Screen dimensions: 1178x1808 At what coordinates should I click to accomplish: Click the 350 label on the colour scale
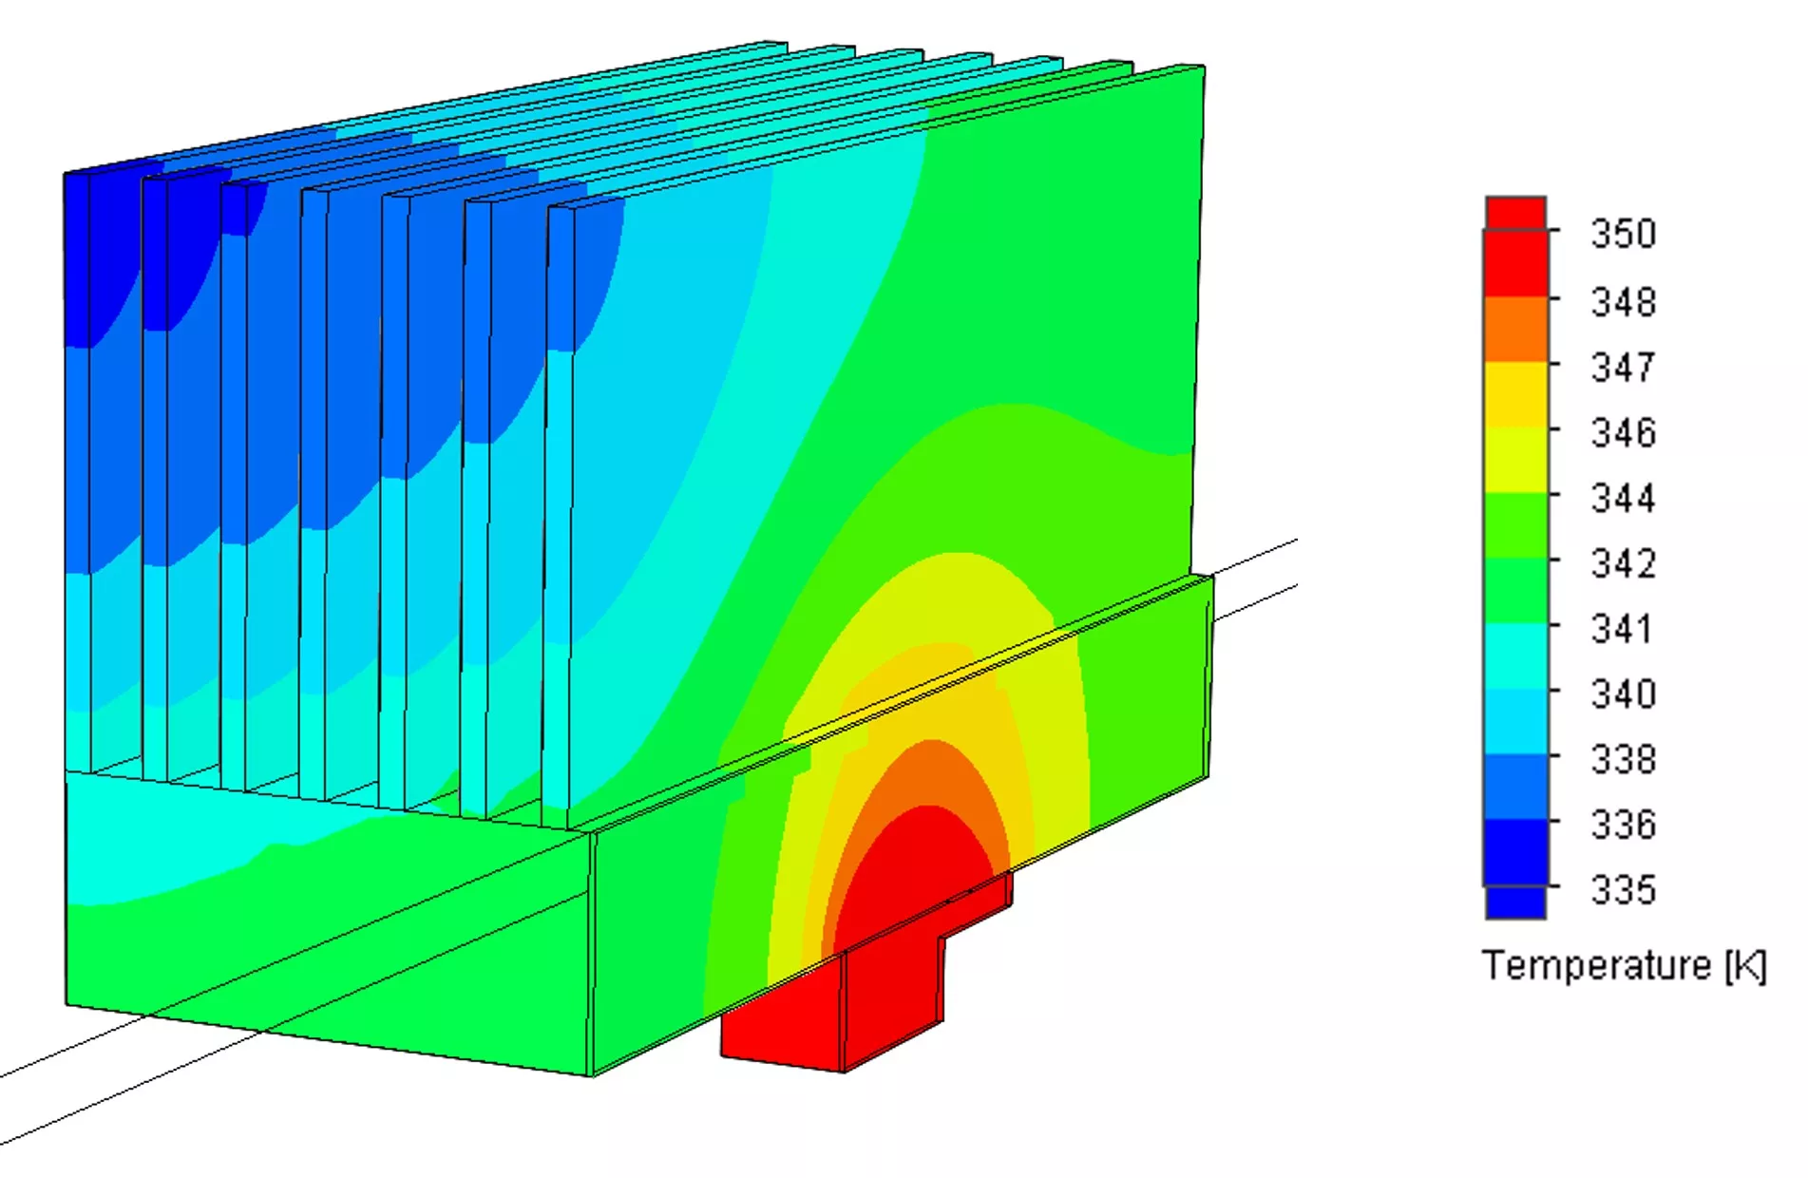(1624, 234)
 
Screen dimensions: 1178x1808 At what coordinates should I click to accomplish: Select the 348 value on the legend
(1624, 302)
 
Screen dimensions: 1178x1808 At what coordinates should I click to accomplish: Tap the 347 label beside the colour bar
(1624, 367)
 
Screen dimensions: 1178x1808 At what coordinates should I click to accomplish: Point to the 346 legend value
(1624, 432)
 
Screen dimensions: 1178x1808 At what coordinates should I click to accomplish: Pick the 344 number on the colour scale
(1624, 498)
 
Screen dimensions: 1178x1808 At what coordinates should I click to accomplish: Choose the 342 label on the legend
(1624, 563)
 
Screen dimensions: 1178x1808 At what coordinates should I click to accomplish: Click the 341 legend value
(1622, 629)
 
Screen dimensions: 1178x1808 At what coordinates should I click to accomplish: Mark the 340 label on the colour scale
(1624, 693)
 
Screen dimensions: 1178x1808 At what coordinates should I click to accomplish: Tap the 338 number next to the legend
(1624, 759)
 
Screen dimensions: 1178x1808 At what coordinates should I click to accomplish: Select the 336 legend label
(1624, 825)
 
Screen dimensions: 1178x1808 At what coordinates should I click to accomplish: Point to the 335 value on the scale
(1624, 890)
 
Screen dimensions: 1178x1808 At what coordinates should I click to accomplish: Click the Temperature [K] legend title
(1624, 965)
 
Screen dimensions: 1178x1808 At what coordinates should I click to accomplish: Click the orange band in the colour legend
(1516, 329)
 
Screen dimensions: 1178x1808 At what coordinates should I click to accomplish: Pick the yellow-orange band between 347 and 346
(1516, 394)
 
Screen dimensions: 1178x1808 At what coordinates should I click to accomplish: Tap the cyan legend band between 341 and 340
(1516, 655)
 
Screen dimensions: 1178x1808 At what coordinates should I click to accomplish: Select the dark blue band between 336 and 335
(1516, 852)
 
